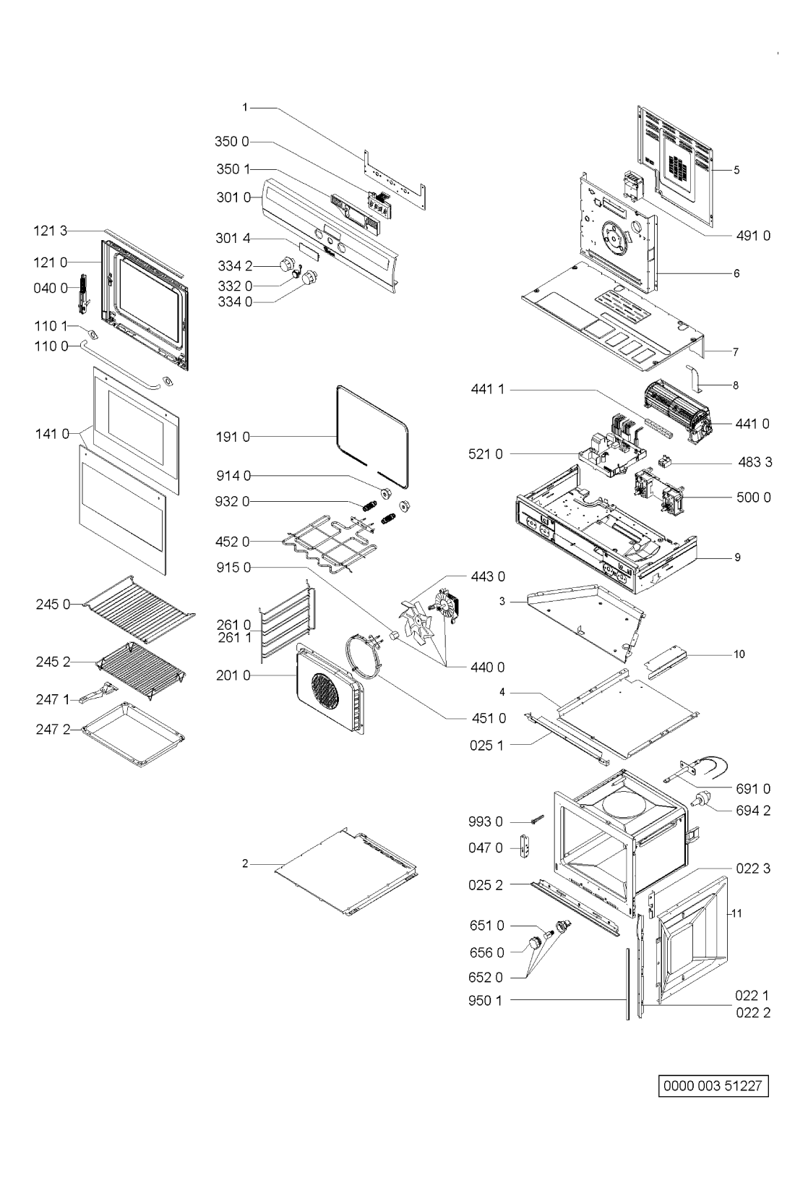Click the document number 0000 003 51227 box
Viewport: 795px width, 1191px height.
713,1085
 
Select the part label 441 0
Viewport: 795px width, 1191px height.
752,424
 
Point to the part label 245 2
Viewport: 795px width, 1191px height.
53,662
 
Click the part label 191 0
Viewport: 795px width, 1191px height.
233,437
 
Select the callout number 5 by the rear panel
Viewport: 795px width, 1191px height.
736,170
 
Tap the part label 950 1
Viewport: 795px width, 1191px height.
485,1001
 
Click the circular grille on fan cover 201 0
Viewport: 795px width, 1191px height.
325,694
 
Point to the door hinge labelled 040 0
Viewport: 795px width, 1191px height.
83,294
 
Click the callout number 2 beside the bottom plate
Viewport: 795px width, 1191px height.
245,864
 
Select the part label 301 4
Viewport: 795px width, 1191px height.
233,238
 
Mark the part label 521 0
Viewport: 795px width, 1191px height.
485,454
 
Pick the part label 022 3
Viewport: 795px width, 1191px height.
753,868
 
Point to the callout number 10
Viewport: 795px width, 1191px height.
739,654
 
